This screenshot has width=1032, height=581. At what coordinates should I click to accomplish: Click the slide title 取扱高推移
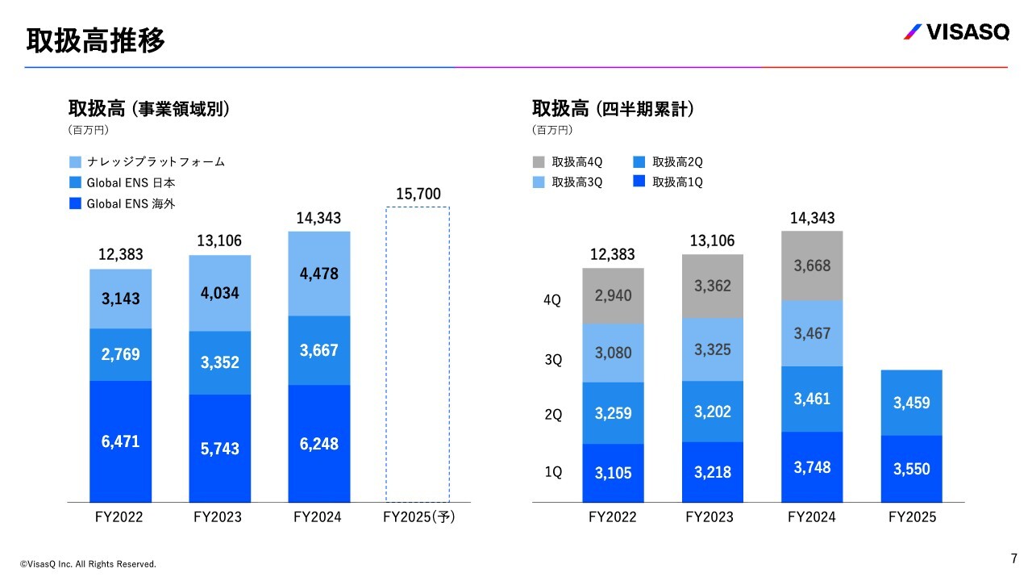tap(95, 40)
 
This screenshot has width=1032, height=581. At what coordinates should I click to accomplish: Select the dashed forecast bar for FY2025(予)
tap(417, 355)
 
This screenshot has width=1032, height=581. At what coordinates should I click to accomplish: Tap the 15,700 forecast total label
tap(418, 194)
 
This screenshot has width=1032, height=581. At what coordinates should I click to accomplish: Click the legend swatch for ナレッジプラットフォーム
tap(76, 161)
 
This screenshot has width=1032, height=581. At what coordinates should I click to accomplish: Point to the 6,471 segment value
tap(120, 441)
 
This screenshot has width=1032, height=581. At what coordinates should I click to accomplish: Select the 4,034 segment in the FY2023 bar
tap(219, 293)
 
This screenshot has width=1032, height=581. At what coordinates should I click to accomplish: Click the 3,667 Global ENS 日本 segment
tap(318, 350)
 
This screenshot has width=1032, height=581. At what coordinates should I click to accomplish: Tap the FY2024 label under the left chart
tap(318, 517)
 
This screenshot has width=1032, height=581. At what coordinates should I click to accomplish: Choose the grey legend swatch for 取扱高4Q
tap(538, 161)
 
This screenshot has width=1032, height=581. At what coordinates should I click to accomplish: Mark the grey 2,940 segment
tap(613, 295)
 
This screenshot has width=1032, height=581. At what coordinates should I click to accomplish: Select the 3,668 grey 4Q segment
tap(811, 265)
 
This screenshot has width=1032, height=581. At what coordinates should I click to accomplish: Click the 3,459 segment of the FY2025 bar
tap(911, 402)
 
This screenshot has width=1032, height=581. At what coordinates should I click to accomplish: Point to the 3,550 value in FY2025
tap(911, 469)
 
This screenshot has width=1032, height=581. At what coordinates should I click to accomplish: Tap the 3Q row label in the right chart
tap(553, 360)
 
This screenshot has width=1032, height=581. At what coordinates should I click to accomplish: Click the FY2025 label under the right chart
tap(912, 517)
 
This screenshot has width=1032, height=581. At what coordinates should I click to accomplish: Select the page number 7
tap(1013, 558)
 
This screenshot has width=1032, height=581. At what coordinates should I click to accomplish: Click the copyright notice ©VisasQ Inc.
tap(89, 564)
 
